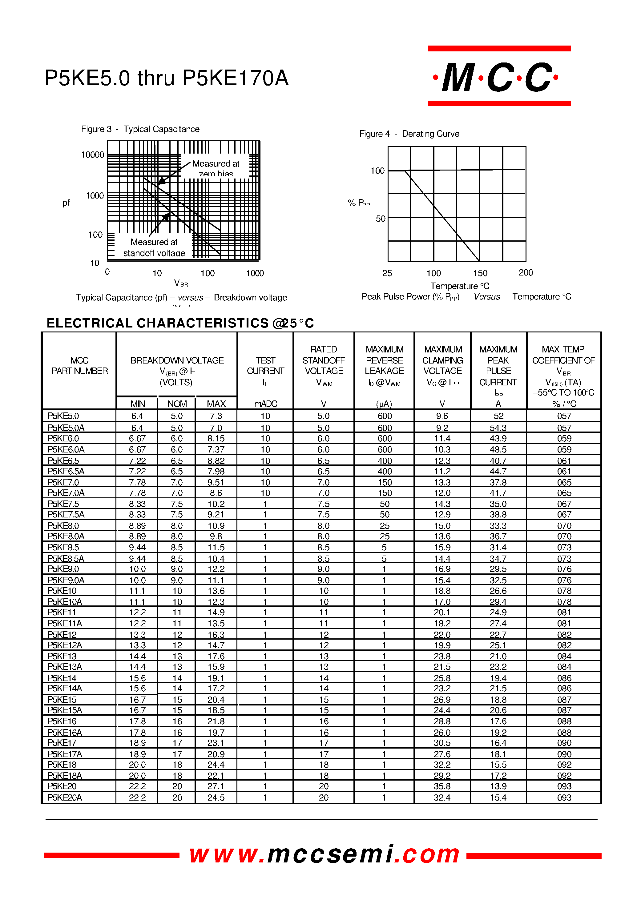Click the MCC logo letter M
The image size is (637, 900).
click(x=458, y=78)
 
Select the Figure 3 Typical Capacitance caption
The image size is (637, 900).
click(x=140, y=129)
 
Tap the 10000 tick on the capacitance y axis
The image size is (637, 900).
click(x=93, y=155)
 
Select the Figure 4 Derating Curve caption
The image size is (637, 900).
click(x=409, y=134)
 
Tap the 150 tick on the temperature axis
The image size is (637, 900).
click(x=480, y=273)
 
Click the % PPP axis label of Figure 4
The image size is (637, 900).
click(x=358, y=203)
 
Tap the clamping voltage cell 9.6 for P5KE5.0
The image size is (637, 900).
click(x=442, y=416)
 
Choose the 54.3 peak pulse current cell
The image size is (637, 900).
click(x=498, y=428)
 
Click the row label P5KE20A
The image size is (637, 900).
click(x=65, y=797)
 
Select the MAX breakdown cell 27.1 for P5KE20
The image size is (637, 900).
click(x=216, y=786)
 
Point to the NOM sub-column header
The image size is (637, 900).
click(x=177, y=404)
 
